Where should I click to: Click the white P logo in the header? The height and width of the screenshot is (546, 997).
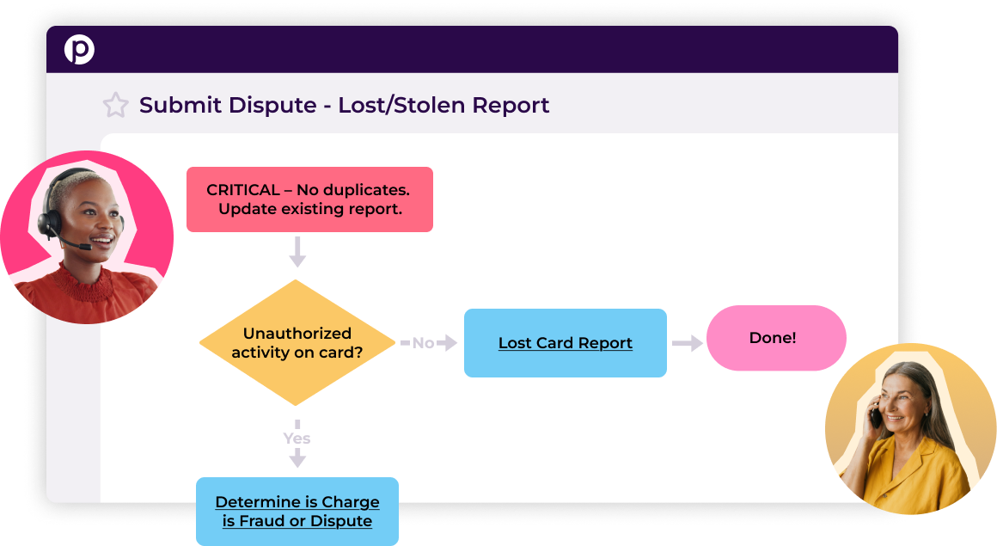[79, 50]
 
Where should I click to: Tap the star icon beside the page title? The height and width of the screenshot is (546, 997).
[115, 106]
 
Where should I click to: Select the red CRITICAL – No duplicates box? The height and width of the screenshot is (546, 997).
[309, 199]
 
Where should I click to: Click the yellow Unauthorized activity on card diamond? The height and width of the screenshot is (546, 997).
[297, 342]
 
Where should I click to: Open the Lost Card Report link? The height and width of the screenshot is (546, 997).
[565, 343]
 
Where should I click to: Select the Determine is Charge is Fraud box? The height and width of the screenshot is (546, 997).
[297, 512]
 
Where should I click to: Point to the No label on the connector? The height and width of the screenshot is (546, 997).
[423, 343]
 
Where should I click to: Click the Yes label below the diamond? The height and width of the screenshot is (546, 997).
[297, 439]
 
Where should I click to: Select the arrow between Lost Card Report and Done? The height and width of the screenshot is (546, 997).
[688, 343]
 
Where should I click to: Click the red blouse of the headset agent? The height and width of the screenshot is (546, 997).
[95, 297]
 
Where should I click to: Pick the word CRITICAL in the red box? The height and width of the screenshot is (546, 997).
[243, 190]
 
